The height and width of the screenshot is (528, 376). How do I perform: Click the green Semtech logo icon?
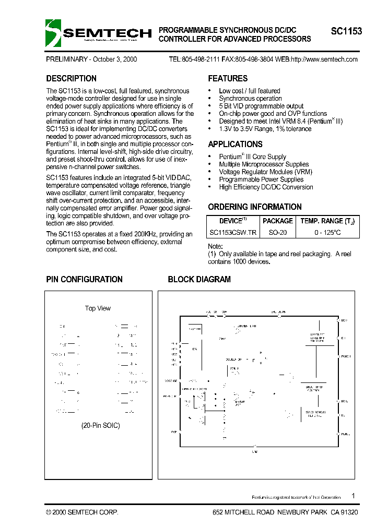[x=53, y=33]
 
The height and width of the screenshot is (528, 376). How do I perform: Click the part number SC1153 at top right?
[x=346, y=31]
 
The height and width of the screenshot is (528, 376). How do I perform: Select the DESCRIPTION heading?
[x=71, y=79]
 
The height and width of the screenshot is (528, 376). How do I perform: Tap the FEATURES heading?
[x=228, y=79]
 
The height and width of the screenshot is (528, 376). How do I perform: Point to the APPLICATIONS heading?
[x=235, y=145]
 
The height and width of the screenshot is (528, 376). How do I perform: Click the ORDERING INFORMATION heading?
[x=255, y=207]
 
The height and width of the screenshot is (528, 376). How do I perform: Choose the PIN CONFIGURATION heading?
[x=84, y=280]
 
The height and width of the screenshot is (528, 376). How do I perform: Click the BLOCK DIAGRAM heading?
[x=199, y=280]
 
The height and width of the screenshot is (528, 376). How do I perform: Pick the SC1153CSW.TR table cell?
[x=232, y=232]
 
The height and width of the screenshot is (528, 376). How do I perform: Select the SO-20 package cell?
[x=278, y=232]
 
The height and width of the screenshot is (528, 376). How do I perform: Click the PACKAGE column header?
[x=278, y=221]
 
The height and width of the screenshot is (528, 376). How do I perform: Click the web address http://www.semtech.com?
[x=324, y=59]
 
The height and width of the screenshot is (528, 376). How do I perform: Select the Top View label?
[x=98, y=308]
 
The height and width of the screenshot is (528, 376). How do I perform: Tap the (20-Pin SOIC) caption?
[x=101, y=425]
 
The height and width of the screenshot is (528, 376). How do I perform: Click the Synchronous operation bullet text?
[x=250, y=99]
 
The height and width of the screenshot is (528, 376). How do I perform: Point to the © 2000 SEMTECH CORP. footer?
[x=82, y=513]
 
